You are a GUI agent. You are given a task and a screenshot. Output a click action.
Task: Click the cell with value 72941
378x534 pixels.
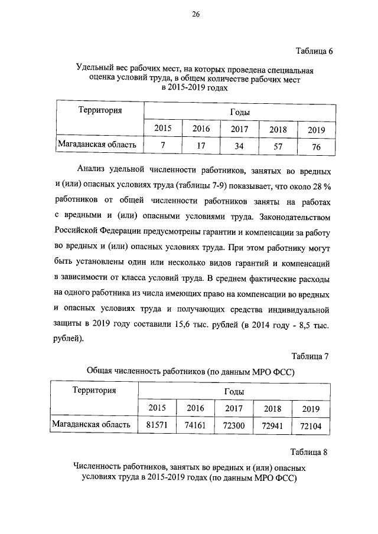[272, 425]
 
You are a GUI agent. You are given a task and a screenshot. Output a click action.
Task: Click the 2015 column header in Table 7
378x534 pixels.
[157, 407]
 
